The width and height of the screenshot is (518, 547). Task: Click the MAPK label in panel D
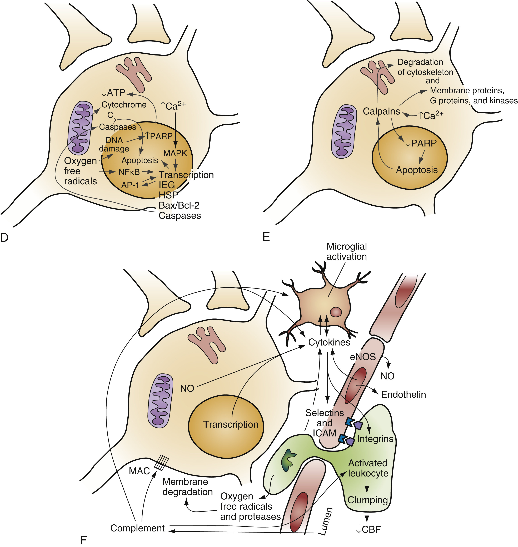tap(175, 153)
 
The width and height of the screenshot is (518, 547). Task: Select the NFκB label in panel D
tap(129, 172)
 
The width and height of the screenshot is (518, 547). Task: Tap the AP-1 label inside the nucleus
tap(130, 185)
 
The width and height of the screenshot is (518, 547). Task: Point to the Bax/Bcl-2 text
tap(179, 205)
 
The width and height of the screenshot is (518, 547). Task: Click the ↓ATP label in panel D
tap(113, 93)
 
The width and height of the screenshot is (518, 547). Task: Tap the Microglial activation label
tap(347, 251)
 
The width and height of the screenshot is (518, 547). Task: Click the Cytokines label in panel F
tap(329, 342)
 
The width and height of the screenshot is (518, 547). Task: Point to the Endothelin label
tap(403, 394)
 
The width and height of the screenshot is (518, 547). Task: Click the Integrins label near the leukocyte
tap(375, 439)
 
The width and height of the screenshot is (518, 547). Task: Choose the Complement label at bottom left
tap(137, 528)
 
